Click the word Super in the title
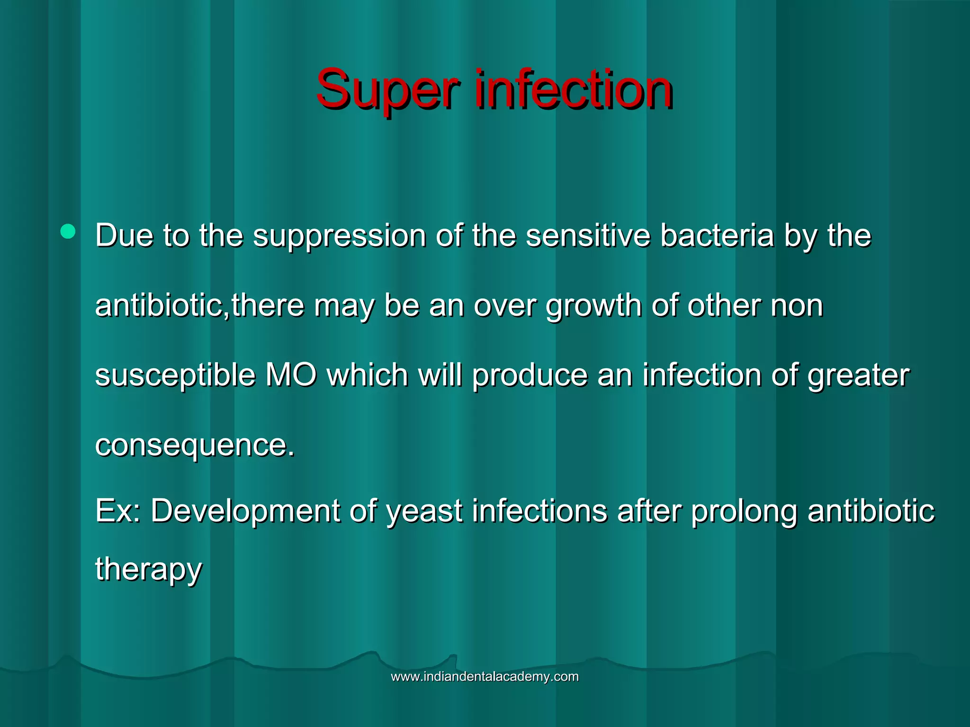pyautogui.click(x=387, y=90)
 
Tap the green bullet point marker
pyautogui.click(x=68, y=231)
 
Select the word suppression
pyautogui.click(x=339, y=236)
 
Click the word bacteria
pyautogui.click(x=717, y=235)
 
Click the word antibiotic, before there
pyautogui.click(x=162, y=305)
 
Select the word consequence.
pyautogui.click(x=194, y=445)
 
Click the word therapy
pyautogui.click(x=148, y=569)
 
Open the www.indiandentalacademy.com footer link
pyautogui.click(x=485, y=677)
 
